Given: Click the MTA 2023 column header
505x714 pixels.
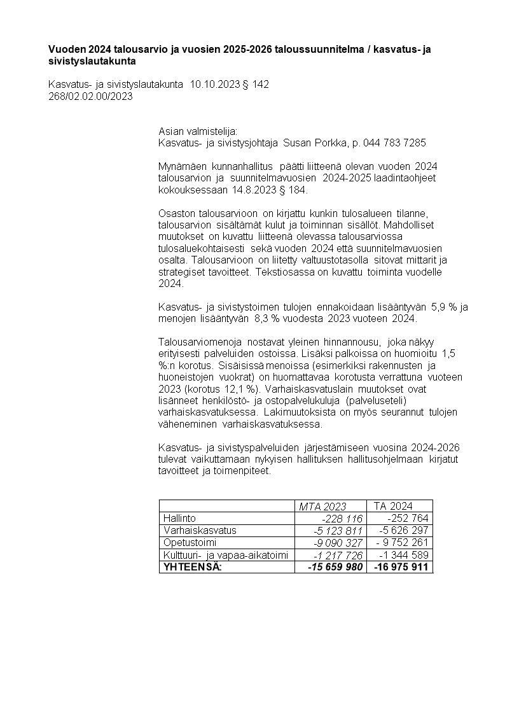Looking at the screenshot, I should pos(322,507).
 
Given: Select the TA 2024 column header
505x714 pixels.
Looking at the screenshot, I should pos(393,506).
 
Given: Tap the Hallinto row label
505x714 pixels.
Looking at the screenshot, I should pos(180,518).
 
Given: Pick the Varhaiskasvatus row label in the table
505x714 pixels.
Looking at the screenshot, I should pos(200,530).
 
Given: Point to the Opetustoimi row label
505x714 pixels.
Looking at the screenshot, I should pos(190,543).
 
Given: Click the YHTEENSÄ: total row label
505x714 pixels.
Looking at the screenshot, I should pos(193,567).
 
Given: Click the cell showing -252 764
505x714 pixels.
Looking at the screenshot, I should pos(408,518).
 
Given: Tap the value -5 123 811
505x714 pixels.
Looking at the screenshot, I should pos(338,531).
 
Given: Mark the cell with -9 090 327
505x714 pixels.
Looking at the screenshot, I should pos(338,543).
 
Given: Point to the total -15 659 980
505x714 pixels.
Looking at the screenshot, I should pos(335,567).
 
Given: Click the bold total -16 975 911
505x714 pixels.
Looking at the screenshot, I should pos(401,567).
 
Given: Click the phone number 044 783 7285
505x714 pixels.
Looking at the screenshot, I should pos(394,143).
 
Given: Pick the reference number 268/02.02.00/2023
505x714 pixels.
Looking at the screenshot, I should pos(90,97).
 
